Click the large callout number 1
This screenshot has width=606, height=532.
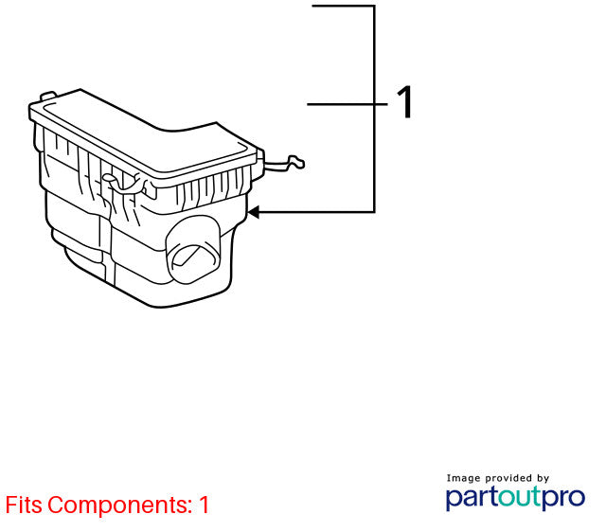[404, 102]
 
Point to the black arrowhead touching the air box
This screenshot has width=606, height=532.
[254, 212]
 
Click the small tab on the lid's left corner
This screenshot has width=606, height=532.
[48, 95]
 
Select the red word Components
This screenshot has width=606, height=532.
[120, 505]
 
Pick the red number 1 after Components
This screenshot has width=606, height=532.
[205, 505]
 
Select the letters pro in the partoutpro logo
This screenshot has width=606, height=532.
[563, 498]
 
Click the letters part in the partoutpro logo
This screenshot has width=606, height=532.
[472, 498]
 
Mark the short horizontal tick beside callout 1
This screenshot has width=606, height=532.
[348, 104]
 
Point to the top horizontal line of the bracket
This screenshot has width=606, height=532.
[343, 6]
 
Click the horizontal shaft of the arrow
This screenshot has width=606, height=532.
[316, 212]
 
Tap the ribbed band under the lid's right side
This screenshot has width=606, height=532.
[212, 189]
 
